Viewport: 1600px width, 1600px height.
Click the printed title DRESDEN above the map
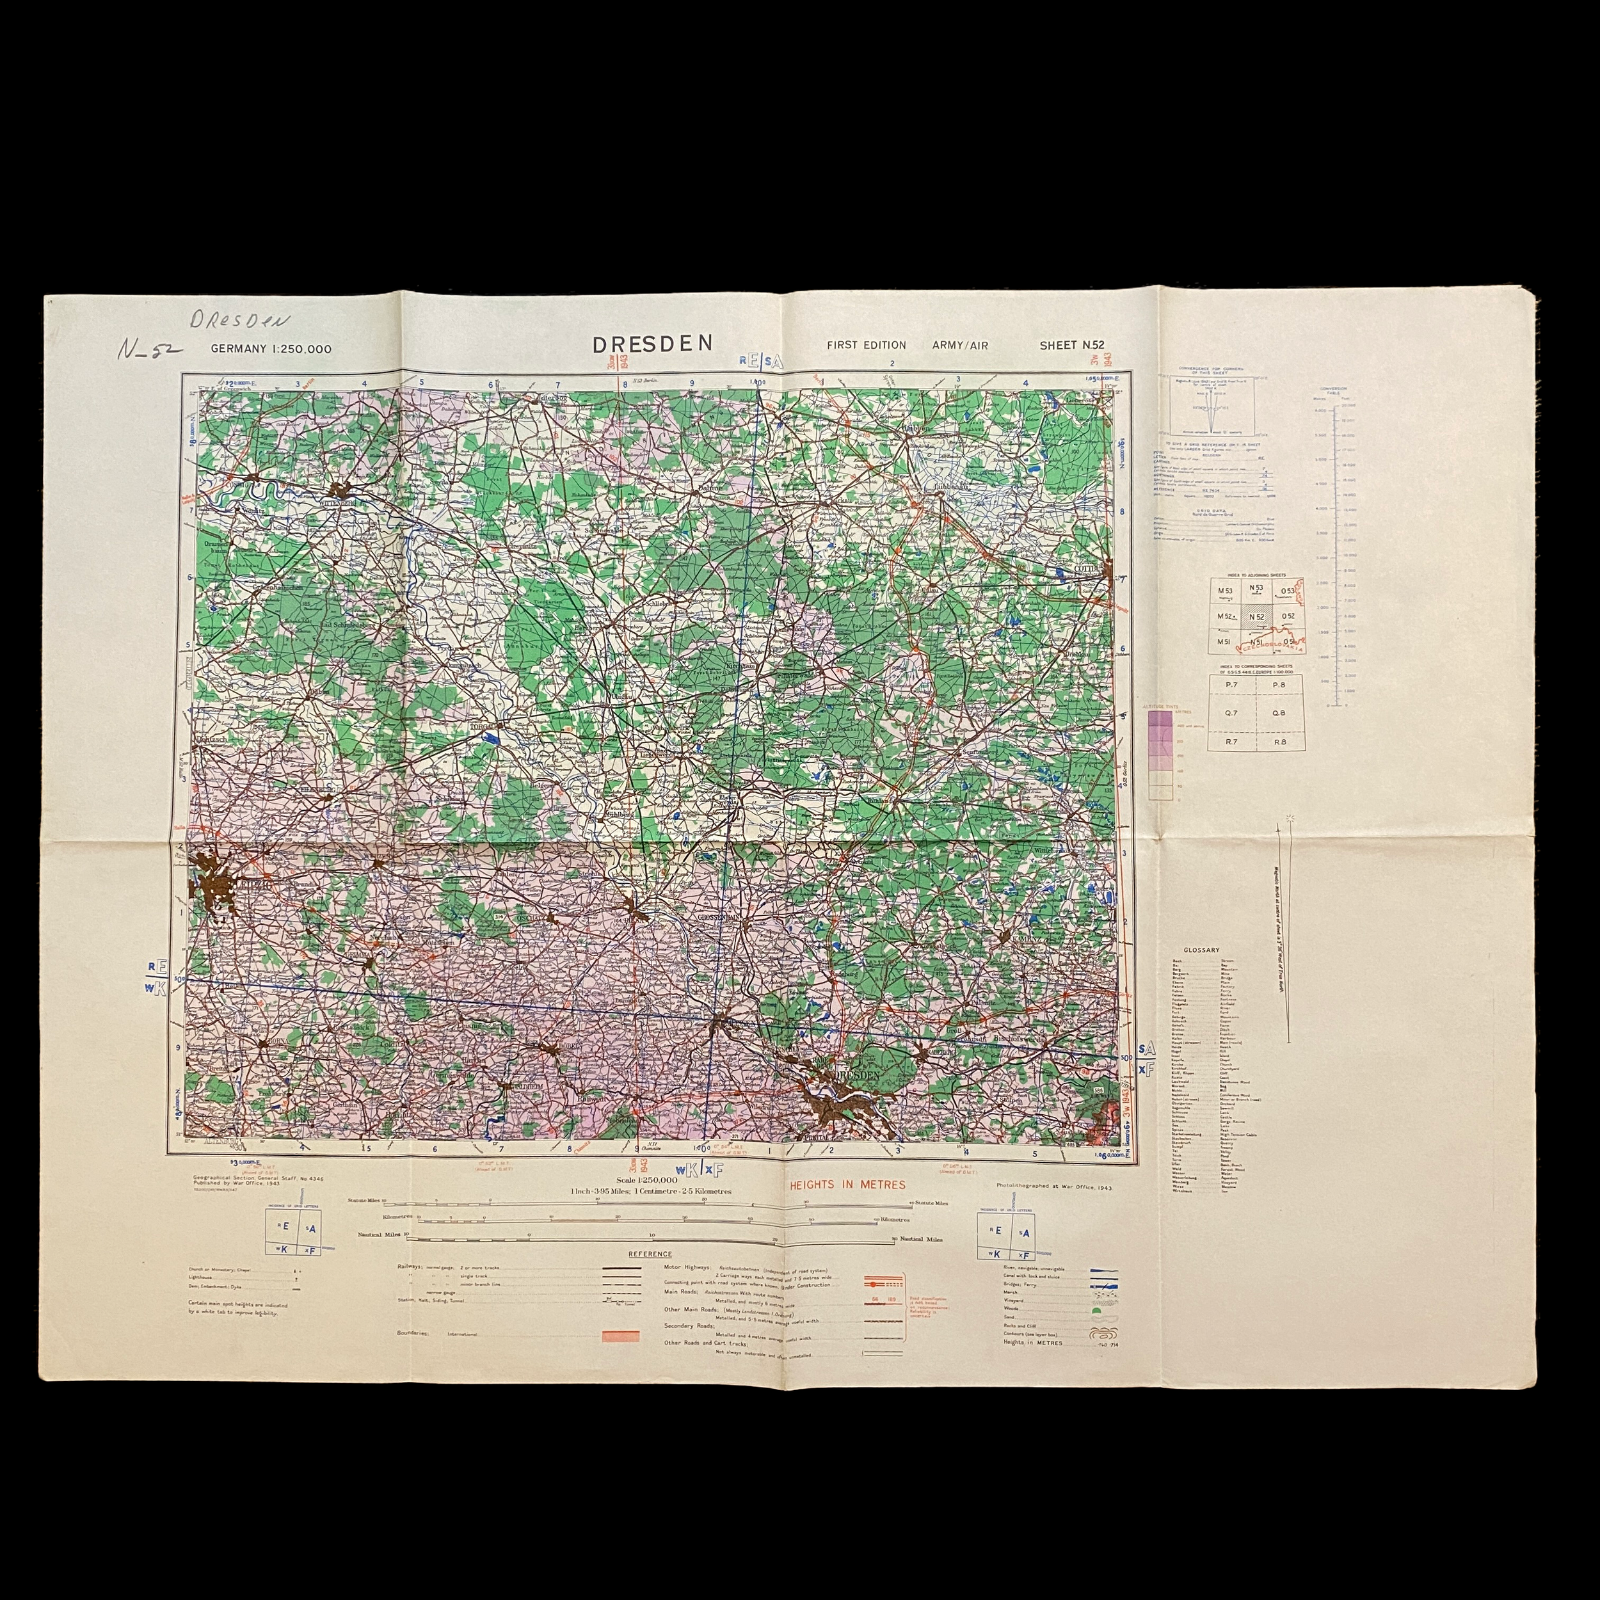653,344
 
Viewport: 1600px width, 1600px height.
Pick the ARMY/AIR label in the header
960,346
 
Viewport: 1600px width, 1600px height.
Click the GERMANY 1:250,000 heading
271,349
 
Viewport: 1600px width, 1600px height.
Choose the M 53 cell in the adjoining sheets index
1224,589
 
